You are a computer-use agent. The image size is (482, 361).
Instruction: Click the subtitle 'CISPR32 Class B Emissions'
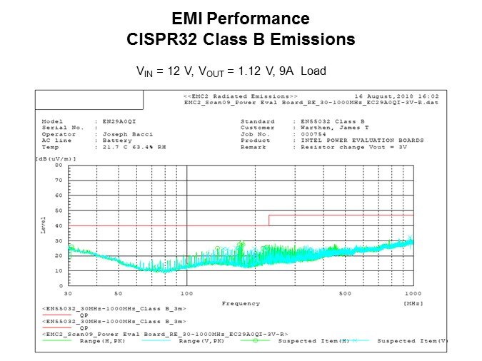pos(241,39)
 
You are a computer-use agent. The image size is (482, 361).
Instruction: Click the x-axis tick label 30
pos(68,294)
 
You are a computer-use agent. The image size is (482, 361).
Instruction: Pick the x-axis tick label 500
pos(345,294)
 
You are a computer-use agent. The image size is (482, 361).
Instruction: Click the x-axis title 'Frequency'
pos(241,303)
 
